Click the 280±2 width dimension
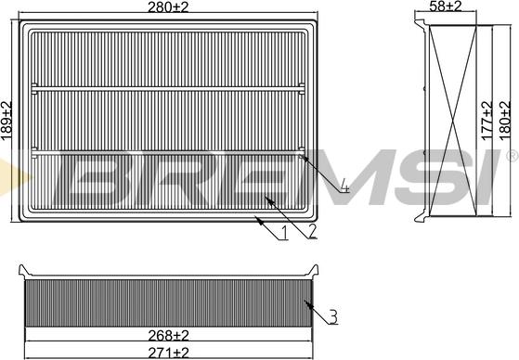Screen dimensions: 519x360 coord(168,6)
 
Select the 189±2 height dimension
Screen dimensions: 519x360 coord(6,121)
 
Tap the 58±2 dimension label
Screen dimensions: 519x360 coord(445,6)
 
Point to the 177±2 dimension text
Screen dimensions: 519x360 coord(487,121)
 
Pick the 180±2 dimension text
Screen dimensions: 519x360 coord(505,121)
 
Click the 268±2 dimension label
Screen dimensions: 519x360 coord(168,336)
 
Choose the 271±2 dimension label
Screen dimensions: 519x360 coord(168,353)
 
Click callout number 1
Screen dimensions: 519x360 coord(283,232)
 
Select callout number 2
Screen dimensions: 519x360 coord(311,231)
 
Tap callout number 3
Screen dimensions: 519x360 coord(333,316)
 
